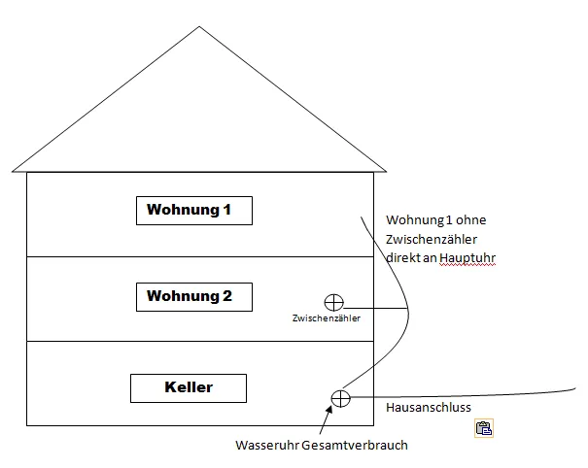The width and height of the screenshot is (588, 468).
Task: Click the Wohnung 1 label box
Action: point(193,210)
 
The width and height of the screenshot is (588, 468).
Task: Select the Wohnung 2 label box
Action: point(193,296)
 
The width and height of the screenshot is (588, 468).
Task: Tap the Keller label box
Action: point(188,387)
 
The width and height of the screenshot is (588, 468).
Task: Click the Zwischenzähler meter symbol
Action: point(333,303)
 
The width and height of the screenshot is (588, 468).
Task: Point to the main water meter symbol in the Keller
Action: point(340,397)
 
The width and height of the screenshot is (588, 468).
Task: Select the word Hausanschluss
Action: point(429,408)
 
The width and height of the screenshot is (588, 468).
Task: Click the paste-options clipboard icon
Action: point(483,427)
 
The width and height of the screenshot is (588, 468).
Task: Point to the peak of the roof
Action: point(199,26)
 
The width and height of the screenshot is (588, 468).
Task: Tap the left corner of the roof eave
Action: point(13,172)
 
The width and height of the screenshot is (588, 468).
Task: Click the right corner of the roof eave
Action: point(386,172)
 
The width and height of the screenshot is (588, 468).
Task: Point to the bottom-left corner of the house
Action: point(26,425)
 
